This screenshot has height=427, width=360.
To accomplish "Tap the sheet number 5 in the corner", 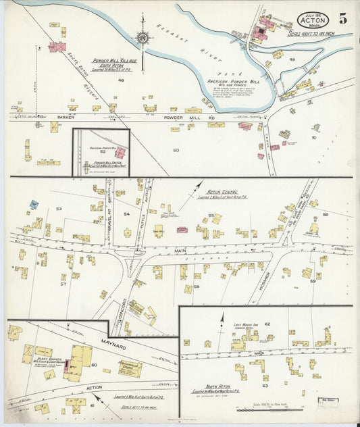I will (343, 18).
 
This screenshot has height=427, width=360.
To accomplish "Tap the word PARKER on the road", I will (66, 116).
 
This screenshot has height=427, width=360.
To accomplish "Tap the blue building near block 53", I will (34, 204).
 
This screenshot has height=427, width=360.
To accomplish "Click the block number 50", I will (176, 150).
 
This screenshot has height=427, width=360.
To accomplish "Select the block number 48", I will (121, 80).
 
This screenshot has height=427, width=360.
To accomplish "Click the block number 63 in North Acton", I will (265, 386).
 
